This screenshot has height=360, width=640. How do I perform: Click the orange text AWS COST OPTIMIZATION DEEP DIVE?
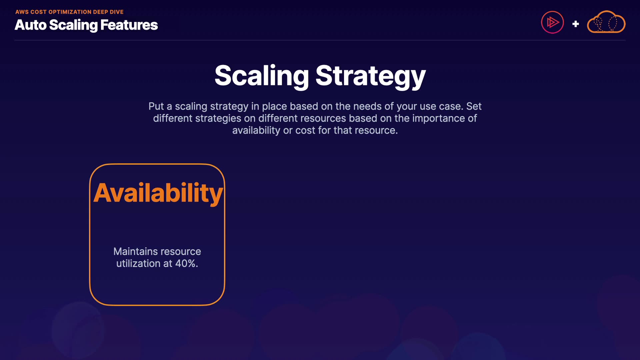[69, 12]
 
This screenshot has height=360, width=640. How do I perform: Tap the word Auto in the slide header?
[30, 25]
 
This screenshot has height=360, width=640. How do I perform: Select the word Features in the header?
[129, 25]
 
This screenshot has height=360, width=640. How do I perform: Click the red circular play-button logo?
[552, 22]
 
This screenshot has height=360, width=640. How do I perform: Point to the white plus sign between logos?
[575, 24]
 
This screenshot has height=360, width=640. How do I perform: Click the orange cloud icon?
[606, 22]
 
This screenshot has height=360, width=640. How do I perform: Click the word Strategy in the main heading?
[371, 76]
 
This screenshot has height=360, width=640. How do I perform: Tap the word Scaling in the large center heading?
[262, 76]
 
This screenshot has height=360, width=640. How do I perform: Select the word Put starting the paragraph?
[156, 106]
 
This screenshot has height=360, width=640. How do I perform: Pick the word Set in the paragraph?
[474, 106]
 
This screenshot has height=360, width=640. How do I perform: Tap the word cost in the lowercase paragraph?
[305, 130]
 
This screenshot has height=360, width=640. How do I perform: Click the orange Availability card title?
[158, 193]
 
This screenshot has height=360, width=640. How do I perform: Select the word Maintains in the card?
[135, 251]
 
